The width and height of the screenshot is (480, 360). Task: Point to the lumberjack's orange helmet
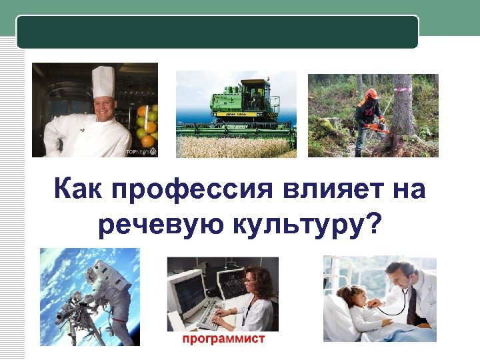pos(371,94)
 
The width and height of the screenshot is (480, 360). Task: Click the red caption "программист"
pos(224,339)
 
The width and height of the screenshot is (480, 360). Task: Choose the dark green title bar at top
pos(217,31)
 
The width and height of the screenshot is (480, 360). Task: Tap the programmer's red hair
pos(261,280)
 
